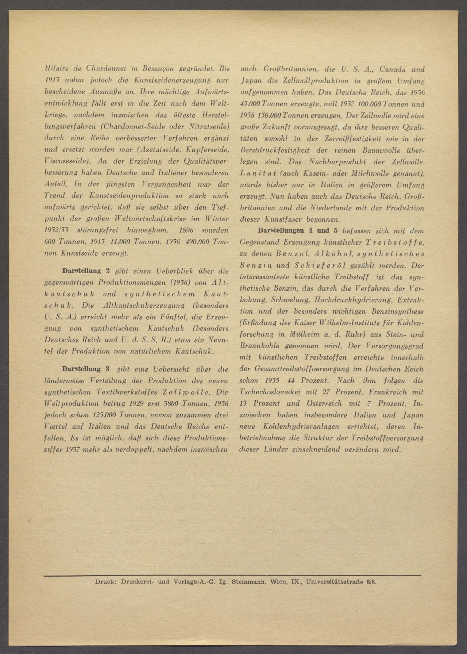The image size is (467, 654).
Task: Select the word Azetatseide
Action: pyautogui.click(x=162, y=150)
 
